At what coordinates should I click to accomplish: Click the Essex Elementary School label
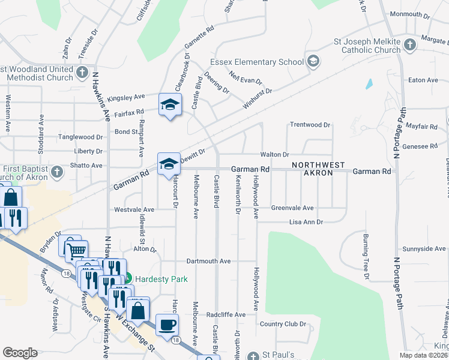click(x=257, y=62)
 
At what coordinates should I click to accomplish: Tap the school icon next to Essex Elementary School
click(x=313, y=61)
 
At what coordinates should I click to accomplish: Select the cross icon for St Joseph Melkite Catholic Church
click(x=409, y=44)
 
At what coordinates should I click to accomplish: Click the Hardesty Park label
click(x=161, y=279)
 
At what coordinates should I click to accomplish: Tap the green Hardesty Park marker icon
click(x=127, y=279)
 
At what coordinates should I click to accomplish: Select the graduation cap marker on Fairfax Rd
click(x=170, y=105)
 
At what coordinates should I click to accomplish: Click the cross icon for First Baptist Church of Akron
click(x=56, y=172)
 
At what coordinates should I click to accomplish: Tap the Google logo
click(x=20, y=353)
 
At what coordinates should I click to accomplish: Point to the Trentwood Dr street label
click(x=310, y=125)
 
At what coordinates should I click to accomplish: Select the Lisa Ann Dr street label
click(x=306, y=222)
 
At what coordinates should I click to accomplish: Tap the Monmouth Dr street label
click(x=409, y=14)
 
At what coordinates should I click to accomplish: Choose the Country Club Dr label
click(x=283, y=324)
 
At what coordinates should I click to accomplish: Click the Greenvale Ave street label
click(x=292, y=208)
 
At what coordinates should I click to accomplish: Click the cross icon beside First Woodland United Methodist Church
click(x=82, y=71)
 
